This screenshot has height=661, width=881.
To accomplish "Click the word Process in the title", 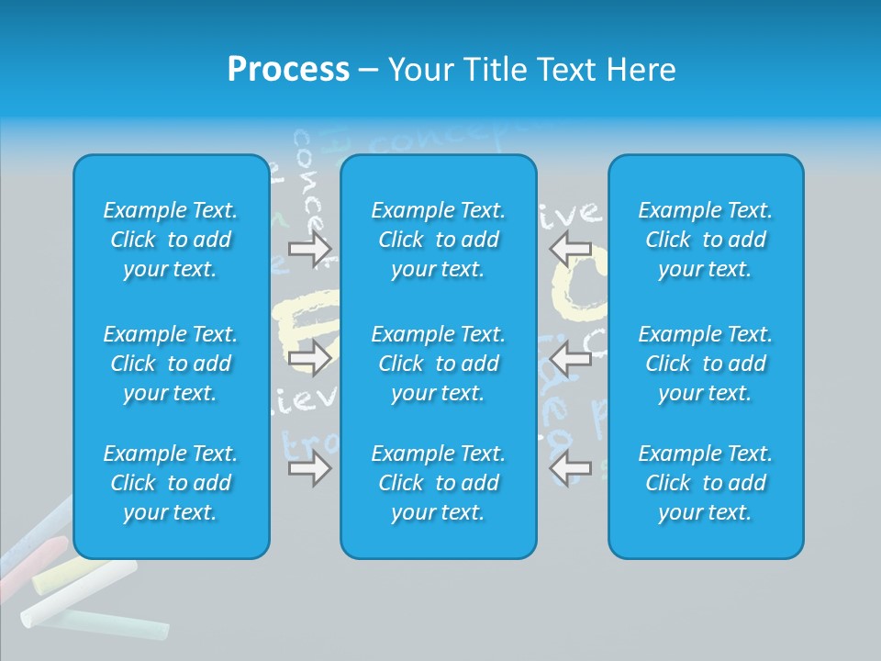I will pyautogui.click(x=288, y=70).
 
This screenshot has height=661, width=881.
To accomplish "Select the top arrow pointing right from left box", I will pyautogui.click(x=310, y=249).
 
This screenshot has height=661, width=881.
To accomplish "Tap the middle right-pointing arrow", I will pyautogui.click(x=310, y=358).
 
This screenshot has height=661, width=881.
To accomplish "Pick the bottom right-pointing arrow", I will pyautogui.click(x=310, y=469).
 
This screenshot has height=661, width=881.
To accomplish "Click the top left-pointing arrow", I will pyautogui.click(x=570, y=247).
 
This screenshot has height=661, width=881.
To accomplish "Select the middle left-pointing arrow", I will pyautogui.click(x=570, y=358).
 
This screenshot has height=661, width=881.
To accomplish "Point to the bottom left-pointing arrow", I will pyautogui.click(x=570, y=467).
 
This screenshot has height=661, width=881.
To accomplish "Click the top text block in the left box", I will pyautogui.click(x=171, y=240).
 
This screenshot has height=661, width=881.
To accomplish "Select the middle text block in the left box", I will pyautogui.click(x=171, y=364).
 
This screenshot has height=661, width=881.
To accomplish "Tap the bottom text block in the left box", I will pyautogui.click(x=171, y=483).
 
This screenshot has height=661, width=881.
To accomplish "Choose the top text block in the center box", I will pyautogui.click(x=439, y=240).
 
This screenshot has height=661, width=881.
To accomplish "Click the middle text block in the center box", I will pyautogui.click(x=439, y=364).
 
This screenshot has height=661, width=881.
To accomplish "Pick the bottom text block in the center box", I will pyautogui.click(x=439, y=483).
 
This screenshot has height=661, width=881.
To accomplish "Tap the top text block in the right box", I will pyautogui.click(x=706, y=240).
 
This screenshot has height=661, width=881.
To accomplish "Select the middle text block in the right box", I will pyautogui.click(x=706, y=364).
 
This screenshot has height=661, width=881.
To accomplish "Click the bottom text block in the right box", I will pyautogui.click(x=706, y=483).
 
